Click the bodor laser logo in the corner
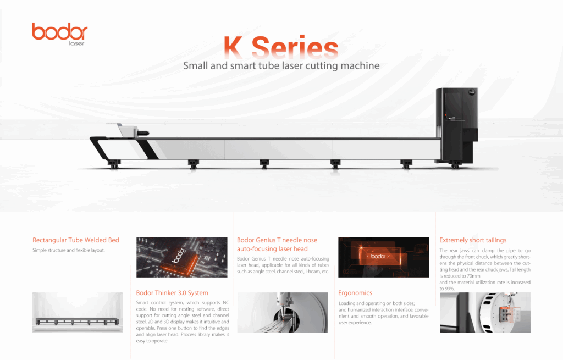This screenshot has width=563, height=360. click(x=59, y=34)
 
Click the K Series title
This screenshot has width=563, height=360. click(x=281, y=47)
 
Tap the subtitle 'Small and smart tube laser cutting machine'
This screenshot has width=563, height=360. click(x=281, y=66)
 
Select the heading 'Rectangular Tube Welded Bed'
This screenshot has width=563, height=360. click(x=76, y=240)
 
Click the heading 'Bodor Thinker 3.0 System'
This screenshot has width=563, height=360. click(x=172, y=293)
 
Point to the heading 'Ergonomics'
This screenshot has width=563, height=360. click(x=355, y=293)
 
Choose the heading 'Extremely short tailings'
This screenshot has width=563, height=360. click(x=473, y=240)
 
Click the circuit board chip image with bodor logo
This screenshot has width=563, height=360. click(x=181, y=257)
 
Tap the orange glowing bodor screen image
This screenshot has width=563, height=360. click(x=383, y=257)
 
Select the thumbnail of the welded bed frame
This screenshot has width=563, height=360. click(x=77, y=312)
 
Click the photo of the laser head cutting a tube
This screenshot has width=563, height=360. click(x=283, y=312)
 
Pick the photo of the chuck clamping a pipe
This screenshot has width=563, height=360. click(x=485, y=312)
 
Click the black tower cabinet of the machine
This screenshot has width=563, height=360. click(x=457, y=126)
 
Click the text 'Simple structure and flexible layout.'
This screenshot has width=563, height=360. click(x=69, y=250)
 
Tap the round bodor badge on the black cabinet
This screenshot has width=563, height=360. click(x=472, y=92)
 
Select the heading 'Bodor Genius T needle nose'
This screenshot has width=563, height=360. click(x=277, y=240)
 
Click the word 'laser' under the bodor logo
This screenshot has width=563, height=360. click(x=76, y=43)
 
